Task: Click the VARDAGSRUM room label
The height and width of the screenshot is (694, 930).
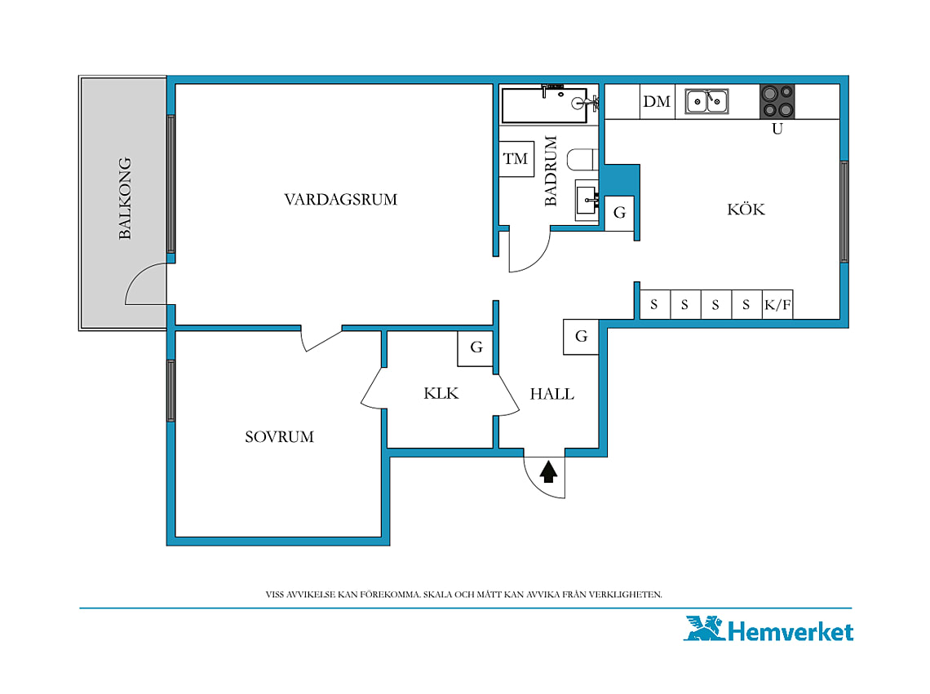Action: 340,199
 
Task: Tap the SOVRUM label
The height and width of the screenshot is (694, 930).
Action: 279,437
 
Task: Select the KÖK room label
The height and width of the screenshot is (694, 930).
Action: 746,209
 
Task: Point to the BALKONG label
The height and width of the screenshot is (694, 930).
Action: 125,198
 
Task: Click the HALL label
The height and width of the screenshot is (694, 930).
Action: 551,394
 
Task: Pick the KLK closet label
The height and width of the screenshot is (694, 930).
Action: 441,393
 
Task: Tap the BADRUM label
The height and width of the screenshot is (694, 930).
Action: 551,170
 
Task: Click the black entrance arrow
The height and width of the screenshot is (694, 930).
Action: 549,471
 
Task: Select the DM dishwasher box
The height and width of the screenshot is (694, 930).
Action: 658,101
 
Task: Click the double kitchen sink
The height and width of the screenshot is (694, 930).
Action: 706,101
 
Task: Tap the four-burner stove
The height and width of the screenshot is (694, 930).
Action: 777,101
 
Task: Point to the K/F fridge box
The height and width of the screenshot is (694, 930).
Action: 777,305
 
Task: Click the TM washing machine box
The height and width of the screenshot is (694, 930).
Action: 516,158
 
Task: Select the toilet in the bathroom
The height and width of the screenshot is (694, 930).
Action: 582,159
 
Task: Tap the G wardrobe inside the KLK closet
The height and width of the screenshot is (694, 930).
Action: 476,348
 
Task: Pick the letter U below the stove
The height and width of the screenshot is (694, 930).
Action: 777,129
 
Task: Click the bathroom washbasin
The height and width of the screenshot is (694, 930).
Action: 587,200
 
